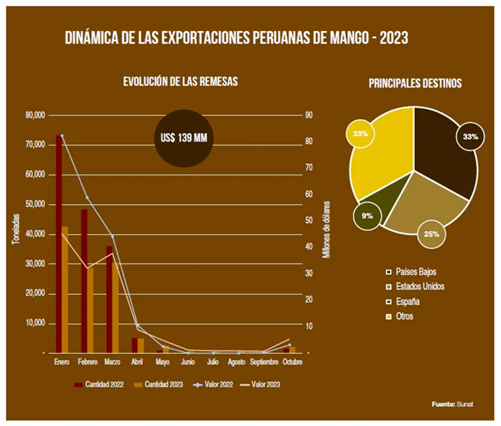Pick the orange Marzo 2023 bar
(115, 307)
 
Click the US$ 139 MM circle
(184, 138)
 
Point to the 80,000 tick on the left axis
(35, 115)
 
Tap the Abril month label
(137, 362)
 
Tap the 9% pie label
(366, 216)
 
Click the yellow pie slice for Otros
(381, 154)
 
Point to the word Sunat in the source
(465, 404)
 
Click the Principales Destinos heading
(415, 83)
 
